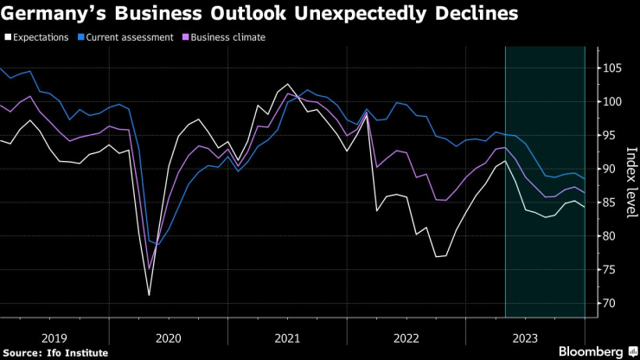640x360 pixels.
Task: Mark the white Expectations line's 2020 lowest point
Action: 149,296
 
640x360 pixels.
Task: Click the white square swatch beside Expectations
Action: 7,37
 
